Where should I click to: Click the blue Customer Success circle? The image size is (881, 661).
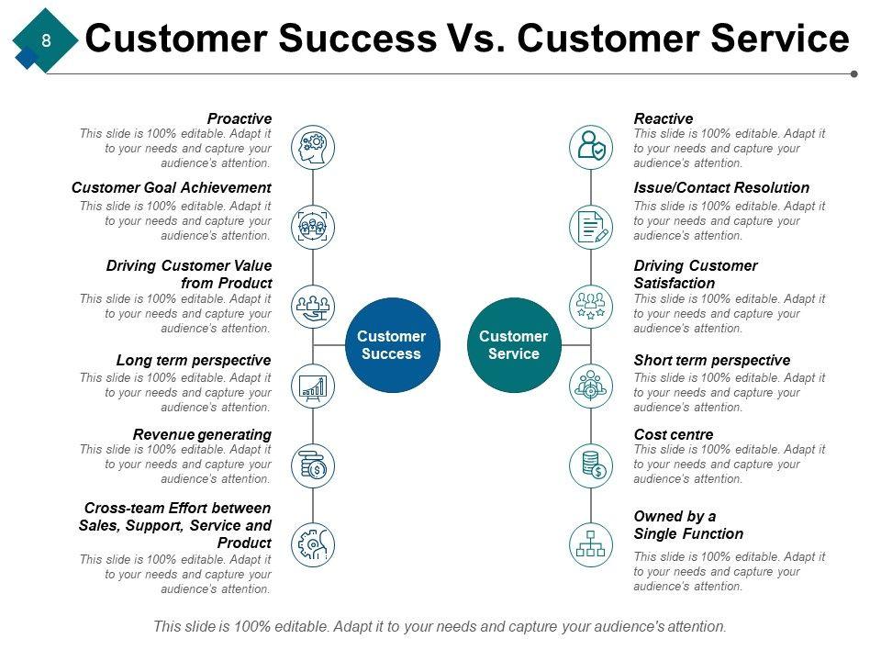click(392, 344)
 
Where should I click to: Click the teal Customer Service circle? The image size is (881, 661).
click(514, 344)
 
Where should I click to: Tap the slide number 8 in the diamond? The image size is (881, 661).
click(46, 40)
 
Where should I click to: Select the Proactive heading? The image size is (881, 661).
click(240, 118)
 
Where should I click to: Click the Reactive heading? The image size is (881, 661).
click(663, 118)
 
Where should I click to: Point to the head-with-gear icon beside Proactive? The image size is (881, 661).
click(313, 147)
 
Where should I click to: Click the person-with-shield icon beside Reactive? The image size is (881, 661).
click(591, 147)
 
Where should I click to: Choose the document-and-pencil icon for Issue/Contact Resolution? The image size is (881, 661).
click(591, 227)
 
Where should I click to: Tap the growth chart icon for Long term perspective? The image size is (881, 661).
click(313, 387)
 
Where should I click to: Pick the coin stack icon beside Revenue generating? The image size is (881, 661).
click(313, 466)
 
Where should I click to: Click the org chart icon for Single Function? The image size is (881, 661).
click(591, 544)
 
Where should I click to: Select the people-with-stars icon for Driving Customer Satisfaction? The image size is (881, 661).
click(591, 307)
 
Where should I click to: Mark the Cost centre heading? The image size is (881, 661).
click(674, 434)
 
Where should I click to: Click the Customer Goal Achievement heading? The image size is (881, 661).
click(172, 187)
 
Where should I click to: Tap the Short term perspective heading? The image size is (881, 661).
click(712, 360)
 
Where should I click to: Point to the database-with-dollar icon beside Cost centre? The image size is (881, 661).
click(591, 466)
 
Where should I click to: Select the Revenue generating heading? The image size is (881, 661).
click(202, 434)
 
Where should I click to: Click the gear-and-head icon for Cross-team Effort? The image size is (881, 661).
click(313, 544)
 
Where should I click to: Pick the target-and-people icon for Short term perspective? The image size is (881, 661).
click(591, 387)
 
